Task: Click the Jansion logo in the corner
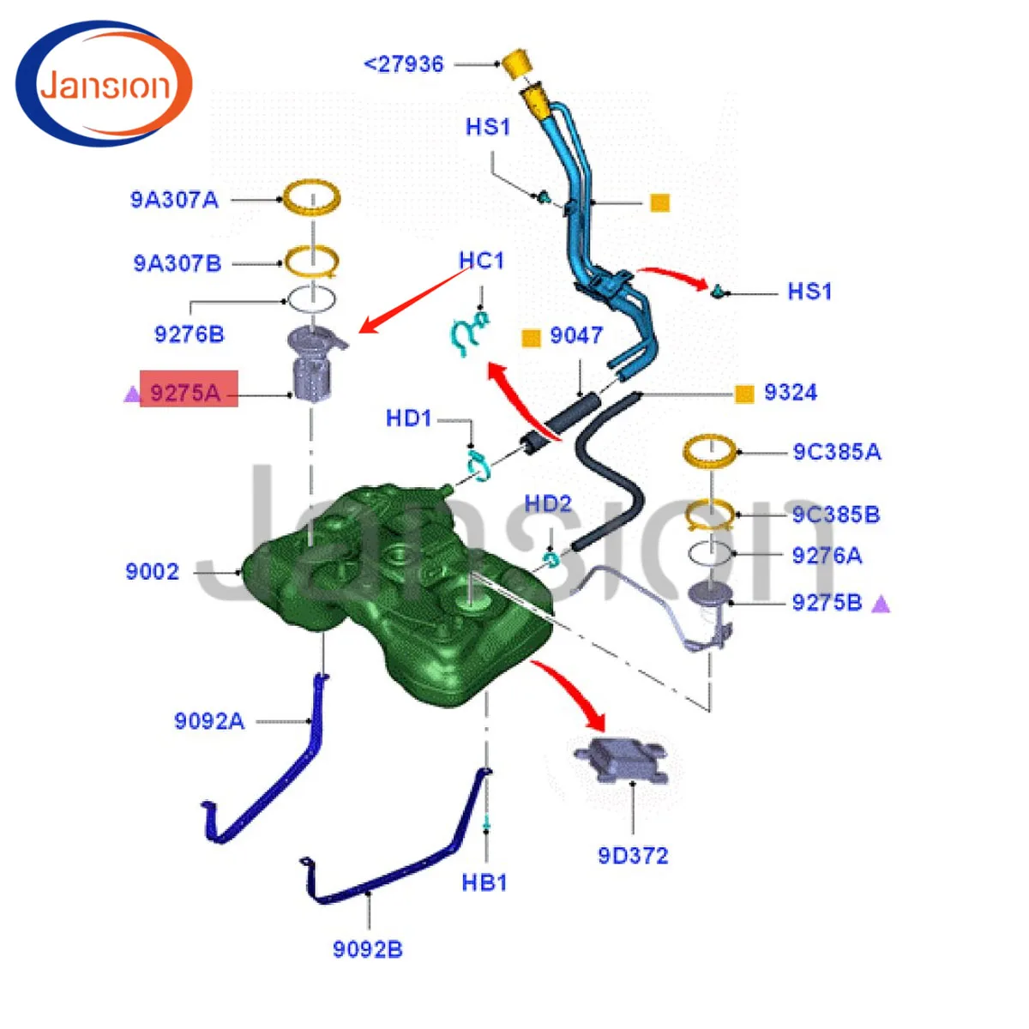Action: (x=104, y=84)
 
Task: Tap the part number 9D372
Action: (x=633, y=855)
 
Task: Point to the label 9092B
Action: (x=367, y=949)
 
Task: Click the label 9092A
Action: (x=209, y=721)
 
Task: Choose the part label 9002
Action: (x=152, y=571)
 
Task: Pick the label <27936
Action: (x=404, y=64)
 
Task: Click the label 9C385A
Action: (x=836, y=452)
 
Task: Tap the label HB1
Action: (x=484, y=882)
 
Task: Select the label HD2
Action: (x=548, y=503)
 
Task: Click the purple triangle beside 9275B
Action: (x=881, y=605)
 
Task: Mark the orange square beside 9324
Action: (x=744, y=394)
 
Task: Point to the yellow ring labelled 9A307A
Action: (x=312, y=198)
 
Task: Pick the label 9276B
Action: (x=189, y=334)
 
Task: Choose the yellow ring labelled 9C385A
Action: (x=709, y=449)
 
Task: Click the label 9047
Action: (x=576, y=335)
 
